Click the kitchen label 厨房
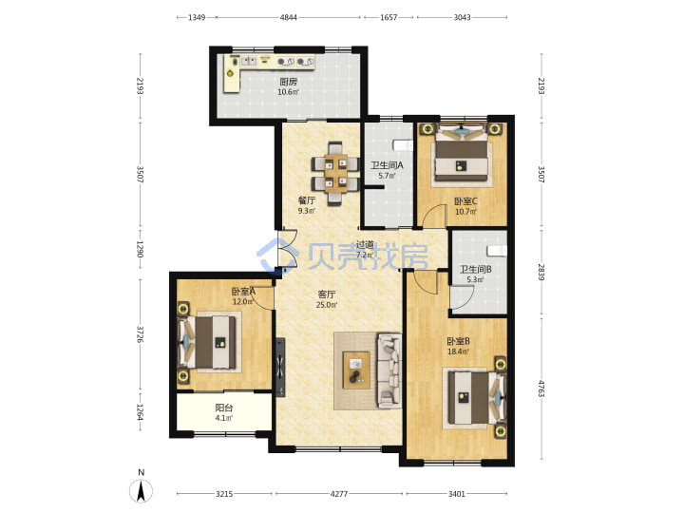pos(289,82)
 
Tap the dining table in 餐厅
pos(335,174)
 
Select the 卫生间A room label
pos(387,165)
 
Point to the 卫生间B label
pos(476,269)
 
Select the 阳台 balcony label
pos(224,408)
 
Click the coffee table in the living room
pos(356,370)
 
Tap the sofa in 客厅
pos(389,370)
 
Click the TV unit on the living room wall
pos(280,368)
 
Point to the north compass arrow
pos(141,491)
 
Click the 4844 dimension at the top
pos(289,17)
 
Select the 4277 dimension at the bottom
pos(339,494)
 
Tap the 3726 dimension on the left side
pos(140,334)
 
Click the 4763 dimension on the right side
pos(541,389)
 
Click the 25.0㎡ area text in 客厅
pos(327,305)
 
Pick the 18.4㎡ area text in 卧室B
pos(458,351)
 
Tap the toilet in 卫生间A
pos(402,144)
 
